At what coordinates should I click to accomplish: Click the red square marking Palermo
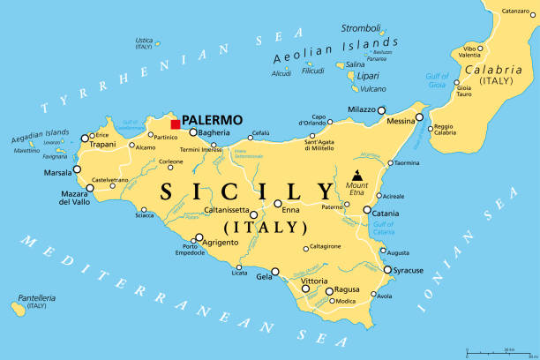pyautogui.click(x=175, y=124)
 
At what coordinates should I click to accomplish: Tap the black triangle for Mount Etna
pyautogui.click(x=357, y=175)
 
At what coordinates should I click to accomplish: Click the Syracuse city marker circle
pyautogui.click(x=386, y=270)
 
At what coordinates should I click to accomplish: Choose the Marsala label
pyautogui.click(x=58, y=173)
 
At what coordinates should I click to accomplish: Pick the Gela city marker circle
pyautogui.click(x=275, y=272)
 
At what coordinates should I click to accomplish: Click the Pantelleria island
pyautogui.click(x=18, y=307)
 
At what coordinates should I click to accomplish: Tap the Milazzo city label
pyautogui.click(x=360, y=109)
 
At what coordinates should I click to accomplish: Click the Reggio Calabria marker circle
pyautogui.click(x=430, y=129)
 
